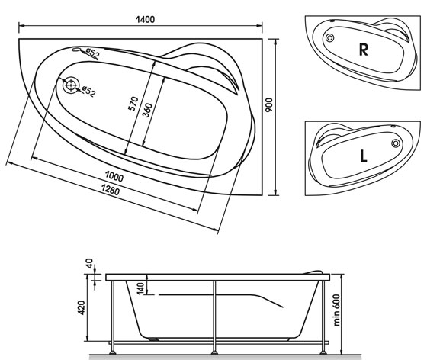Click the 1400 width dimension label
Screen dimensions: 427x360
pos(145,20)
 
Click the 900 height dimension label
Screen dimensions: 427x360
pos(269,106)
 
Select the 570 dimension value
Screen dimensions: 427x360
pos(133,104)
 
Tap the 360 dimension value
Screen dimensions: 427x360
pos(147,110)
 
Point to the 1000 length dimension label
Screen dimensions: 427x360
pos(114,177)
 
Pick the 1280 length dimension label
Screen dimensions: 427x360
pos(111,189)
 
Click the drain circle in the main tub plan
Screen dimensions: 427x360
pos(71,85)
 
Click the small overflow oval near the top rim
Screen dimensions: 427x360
pos(76,50)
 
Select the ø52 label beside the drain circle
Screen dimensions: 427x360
pos(88,92)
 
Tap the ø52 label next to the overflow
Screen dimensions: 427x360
pos(92,53)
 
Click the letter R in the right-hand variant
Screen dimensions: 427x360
pos(364,50)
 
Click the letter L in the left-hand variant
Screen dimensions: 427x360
pos(363,156)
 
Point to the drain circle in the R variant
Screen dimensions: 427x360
pos(329,38)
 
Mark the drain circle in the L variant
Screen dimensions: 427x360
pos(396,143)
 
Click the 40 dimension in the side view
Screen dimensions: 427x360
pos(89,263)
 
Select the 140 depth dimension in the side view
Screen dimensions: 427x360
pos(140,288)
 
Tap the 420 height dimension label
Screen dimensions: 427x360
pos(82,307)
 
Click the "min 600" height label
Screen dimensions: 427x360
pos(337,310)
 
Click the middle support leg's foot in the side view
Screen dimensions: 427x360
pos(214,352)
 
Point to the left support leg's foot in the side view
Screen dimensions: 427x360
pos(113,352)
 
